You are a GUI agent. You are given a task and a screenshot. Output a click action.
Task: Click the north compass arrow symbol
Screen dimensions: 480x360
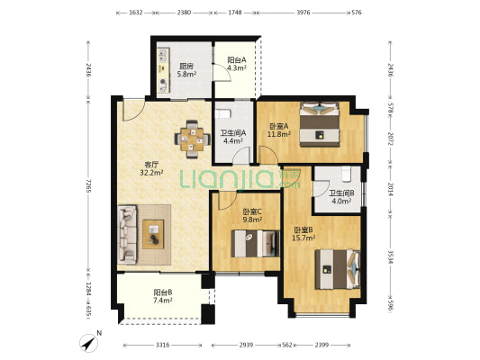coord(89,343)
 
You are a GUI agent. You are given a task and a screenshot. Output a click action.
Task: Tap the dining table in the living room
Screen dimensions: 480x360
coord(192,139)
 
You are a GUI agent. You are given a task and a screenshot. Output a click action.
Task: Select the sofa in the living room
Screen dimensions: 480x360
coord(127,234)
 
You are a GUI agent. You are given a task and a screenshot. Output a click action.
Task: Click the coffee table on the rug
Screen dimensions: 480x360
coord(153,234)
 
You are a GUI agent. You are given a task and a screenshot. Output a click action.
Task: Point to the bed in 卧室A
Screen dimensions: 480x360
coord(320,124)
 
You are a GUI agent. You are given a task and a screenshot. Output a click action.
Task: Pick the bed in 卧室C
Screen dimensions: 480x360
coord(255,244)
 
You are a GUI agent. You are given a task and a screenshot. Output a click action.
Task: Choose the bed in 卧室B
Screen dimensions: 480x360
coord(338,269)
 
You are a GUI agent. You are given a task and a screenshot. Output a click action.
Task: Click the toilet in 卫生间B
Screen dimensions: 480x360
coord(346,174)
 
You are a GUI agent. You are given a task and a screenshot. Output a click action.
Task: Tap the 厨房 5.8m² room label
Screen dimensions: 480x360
coord(186,70)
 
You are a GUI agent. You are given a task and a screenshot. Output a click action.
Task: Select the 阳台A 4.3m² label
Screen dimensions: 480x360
coord(237,64)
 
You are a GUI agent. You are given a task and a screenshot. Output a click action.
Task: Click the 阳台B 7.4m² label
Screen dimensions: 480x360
coord(162,296)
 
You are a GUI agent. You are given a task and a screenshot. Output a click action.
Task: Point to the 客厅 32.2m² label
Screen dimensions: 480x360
coord(151,168)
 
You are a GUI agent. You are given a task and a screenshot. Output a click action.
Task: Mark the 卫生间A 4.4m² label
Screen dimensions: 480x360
coord(233,137)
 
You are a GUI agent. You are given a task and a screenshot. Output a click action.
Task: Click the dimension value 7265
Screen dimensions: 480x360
coord(88,186)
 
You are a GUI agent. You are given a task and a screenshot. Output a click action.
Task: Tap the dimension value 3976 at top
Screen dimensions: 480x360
coord(303,13)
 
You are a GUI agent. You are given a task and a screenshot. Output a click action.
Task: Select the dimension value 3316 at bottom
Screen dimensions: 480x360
coord(162,345)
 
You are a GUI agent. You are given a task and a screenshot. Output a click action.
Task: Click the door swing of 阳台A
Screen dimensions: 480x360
coord(222,73)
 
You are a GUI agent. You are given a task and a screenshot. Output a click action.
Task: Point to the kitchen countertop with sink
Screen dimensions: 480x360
coord(163,70)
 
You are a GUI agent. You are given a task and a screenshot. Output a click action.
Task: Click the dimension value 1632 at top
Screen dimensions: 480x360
coord(136,13)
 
